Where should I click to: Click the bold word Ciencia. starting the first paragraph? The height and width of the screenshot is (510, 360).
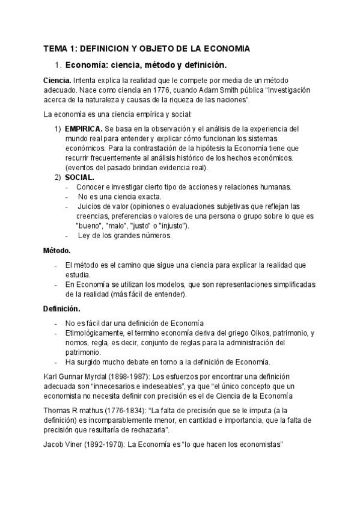[57, 80]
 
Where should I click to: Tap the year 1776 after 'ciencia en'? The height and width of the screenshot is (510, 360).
[165, 90]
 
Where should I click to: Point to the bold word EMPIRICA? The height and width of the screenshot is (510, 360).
[83, 129]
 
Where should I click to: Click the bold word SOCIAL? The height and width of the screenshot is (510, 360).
[79, 177]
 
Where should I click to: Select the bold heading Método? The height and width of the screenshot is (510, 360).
[57, 250]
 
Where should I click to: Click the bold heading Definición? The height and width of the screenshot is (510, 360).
[61, 309]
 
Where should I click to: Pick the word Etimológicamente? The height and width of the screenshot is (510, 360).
[95, 333]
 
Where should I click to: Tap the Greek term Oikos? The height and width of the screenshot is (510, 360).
[260, 333]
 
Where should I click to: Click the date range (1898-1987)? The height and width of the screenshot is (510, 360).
[135, 376]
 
